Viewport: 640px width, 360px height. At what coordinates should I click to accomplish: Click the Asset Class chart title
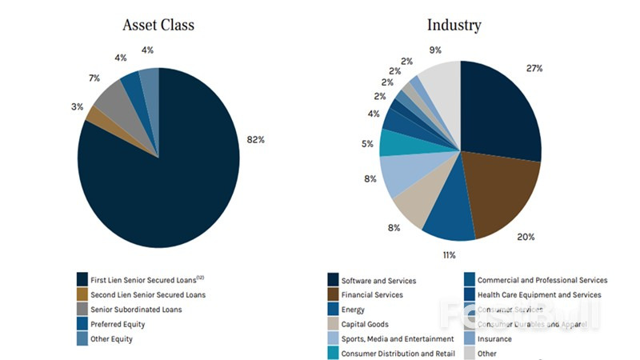click(158, 25)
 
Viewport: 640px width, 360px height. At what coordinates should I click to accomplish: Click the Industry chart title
click(454, 25)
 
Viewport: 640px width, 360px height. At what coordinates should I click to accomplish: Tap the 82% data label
click(254, 139)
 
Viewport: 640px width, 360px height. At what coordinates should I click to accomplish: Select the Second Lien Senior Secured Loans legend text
click(143, 294)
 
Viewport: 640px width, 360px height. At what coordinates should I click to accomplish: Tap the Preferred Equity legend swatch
click(82, 324)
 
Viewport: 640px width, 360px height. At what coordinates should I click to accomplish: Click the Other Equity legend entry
click(112, 338)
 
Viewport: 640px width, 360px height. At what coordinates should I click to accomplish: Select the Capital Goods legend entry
click(365, 324)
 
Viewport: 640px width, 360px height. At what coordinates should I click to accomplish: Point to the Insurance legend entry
click(495, 338)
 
